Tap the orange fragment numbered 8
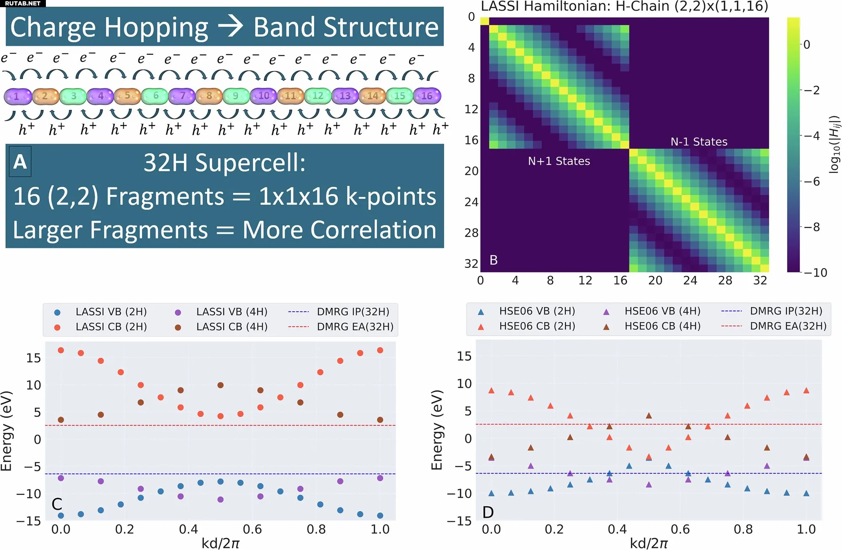click(209, 96)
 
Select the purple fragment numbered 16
click(427, 96)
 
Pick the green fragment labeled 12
click(318, 96)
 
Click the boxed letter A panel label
click(20, 162)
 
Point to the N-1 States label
click(699, 142)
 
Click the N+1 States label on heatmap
click(559, 161)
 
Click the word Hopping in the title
click(156, 28)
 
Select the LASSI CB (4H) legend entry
click(232, 327)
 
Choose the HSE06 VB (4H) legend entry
click(662, 311)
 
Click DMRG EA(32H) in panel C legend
click(355, 327)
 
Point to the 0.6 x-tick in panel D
click(680, 529)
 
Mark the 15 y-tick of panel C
click(34, 358)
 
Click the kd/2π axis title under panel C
click(220, 543)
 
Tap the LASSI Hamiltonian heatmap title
click(624, 6)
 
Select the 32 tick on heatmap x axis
click(760, 280)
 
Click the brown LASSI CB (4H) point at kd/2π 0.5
click(220, 385)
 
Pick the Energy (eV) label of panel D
click(437, 430)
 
